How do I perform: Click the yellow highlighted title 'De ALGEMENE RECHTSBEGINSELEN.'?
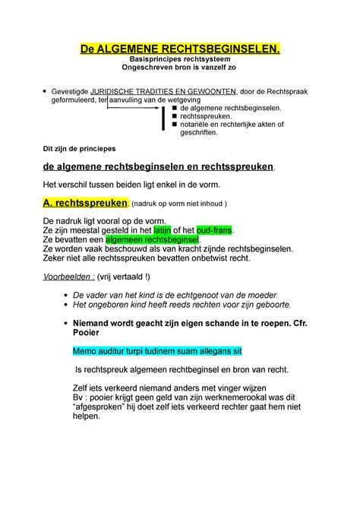point(180,50)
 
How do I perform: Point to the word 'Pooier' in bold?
point(86,332)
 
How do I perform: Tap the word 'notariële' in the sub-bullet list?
point(197,124)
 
